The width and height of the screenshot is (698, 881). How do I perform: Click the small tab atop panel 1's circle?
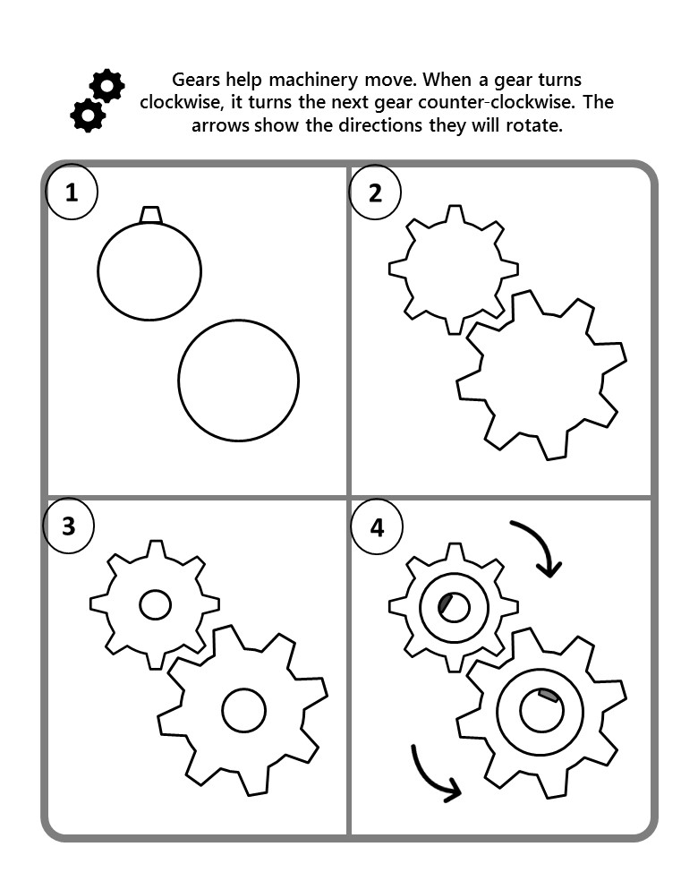pos(151,215)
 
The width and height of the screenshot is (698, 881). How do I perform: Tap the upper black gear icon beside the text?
pos(106,85)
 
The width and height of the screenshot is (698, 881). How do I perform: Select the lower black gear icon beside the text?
pos(88,115)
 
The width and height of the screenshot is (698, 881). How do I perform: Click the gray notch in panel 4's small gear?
pos(446,603)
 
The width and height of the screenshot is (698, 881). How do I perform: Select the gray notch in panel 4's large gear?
pos(548,696)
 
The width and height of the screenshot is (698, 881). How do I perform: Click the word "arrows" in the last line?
pos(220,126)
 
